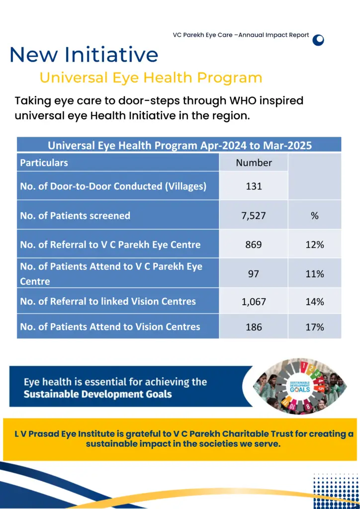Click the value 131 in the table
[254, 186]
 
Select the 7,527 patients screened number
[254, 216]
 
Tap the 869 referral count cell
[254, 245]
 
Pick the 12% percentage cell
[315, 245]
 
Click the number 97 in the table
[254, 274]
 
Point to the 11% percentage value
[315, 274]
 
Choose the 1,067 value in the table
[254, 302]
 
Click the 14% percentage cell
[315, 302]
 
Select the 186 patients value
[254, 327]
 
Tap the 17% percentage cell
[315, 327]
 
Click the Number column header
[254, 163]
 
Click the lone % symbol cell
[315, 216]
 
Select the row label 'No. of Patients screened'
[75, 216]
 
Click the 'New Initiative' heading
[84, 55]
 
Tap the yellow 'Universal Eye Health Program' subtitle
[151, 78]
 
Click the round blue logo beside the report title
[318, 40]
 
